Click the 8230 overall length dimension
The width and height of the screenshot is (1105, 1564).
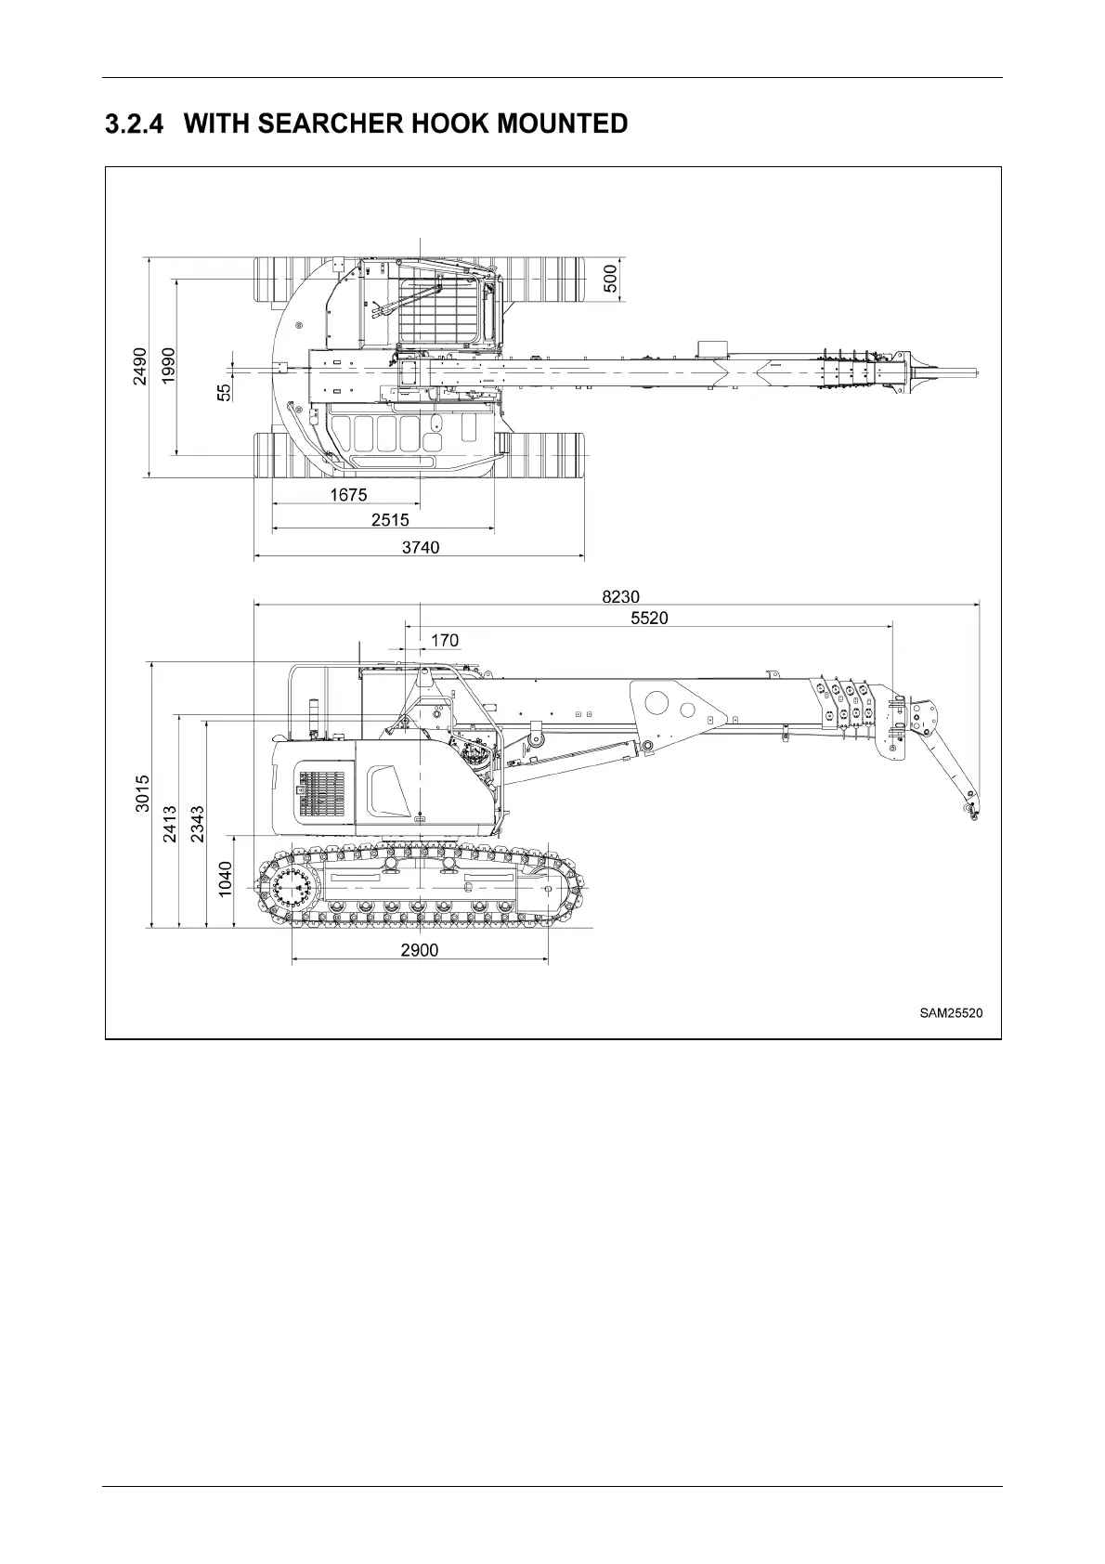click(620, 597)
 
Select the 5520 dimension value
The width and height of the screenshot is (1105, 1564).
click(649, 618)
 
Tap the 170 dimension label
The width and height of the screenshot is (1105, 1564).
click(445, 640)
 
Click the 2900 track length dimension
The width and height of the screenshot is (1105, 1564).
click(420, 950)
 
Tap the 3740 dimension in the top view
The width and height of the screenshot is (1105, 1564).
click(420, 547)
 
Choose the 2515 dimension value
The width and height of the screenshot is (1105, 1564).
click(390, 520)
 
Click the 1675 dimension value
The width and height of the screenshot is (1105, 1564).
click(348, 495)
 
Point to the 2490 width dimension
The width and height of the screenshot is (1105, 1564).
click(140, 367)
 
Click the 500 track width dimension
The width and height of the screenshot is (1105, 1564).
click(610, 278)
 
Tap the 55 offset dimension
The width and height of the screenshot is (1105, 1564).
click(224, 393)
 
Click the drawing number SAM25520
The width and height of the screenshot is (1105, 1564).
click(951, 1012)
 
